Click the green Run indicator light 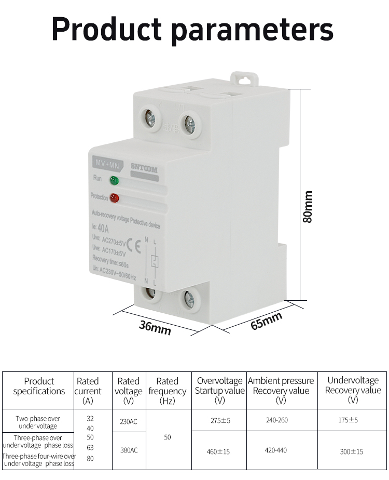click(x=114, y=181)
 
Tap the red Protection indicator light click(x=114, y=198)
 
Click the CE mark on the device click(x=133, y=245)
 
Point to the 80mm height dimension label click(x=308, y=207)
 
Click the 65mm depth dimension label click(x=266, y=321)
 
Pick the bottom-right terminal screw click(x=188, y=299)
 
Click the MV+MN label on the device click(x=105, y=163)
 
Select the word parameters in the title click(x=252, y=30)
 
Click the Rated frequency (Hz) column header click(x=167, y=391)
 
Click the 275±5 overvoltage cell click(x=219, y=421)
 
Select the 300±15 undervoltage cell click(x=352, y=451)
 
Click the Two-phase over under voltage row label click(x=37, y=422)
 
